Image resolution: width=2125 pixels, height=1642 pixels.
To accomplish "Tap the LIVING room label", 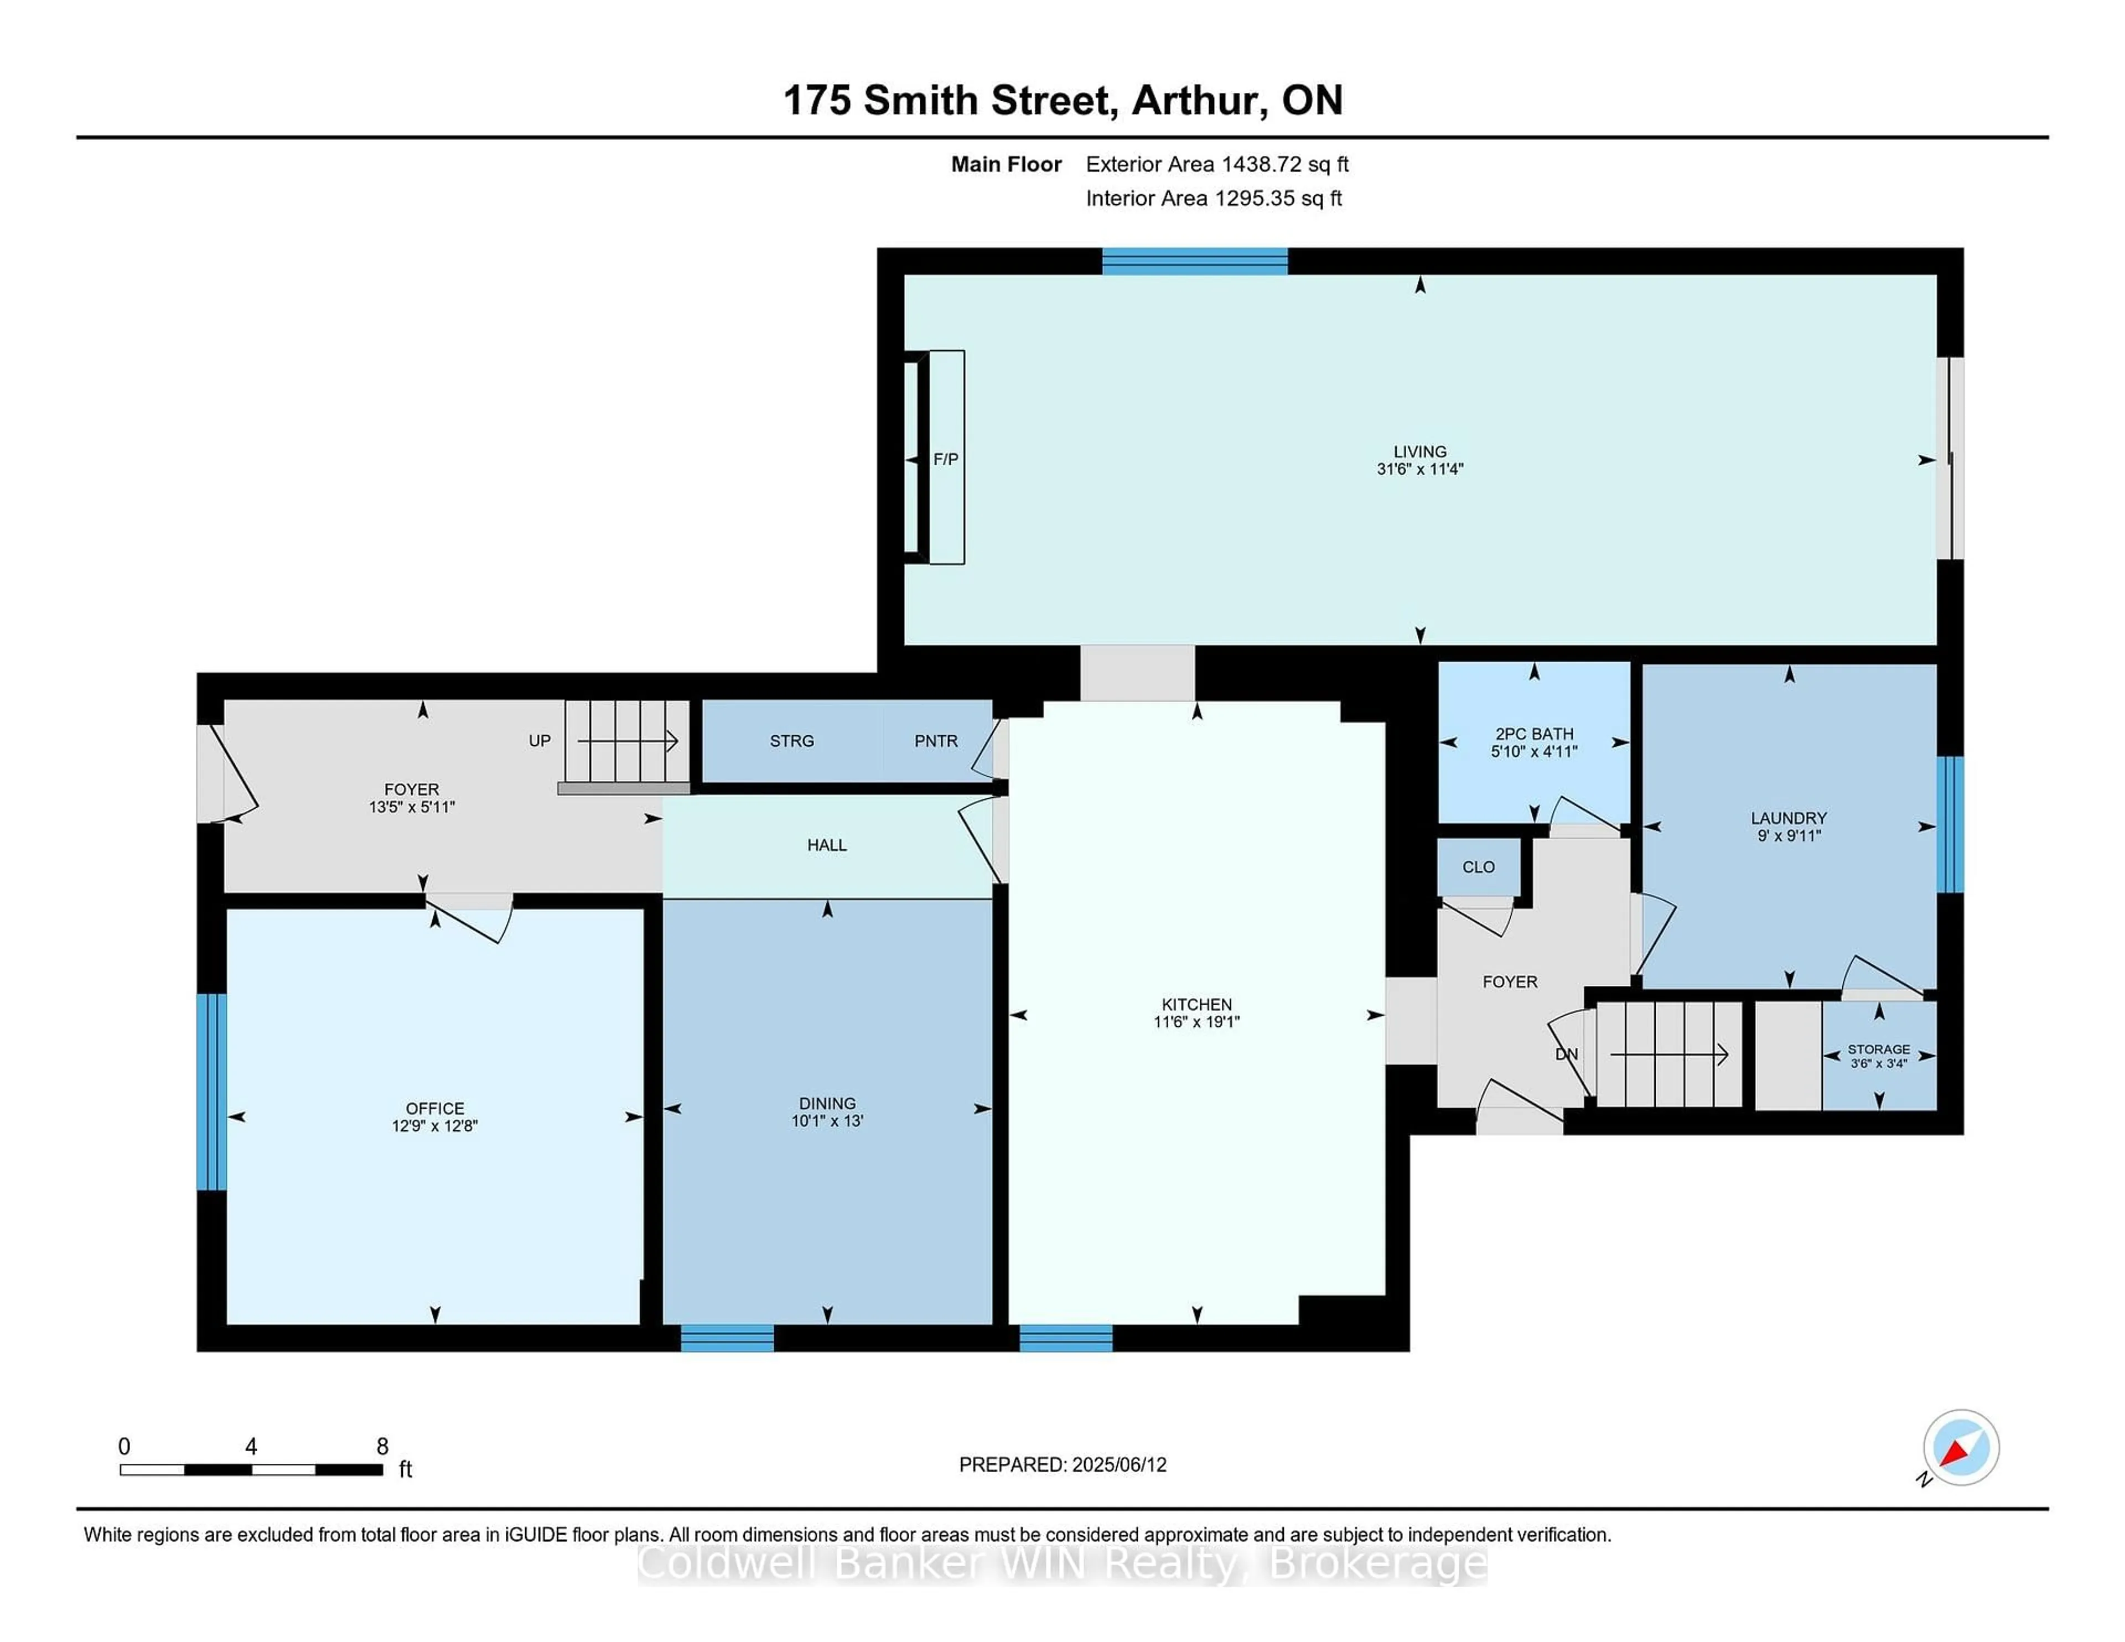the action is [1419, 451].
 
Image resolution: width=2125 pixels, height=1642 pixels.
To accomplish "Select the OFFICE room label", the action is [435, 1108].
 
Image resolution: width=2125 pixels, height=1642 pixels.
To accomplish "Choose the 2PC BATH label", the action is [1535, 734].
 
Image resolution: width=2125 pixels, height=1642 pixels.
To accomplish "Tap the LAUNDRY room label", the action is [1789, 818].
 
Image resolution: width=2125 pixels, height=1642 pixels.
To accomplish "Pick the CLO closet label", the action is [1478, 867].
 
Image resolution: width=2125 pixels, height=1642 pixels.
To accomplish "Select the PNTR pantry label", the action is [936, 741].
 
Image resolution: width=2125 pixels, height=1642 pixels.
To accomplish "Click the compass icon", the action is [1961, 1447].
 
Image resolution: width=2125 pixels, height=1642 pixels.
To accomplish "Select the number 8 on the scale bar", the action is [382, 1447].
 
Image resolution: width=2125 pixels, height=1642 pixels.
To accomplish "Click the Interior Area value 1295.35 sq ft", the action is [1278, 199].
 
